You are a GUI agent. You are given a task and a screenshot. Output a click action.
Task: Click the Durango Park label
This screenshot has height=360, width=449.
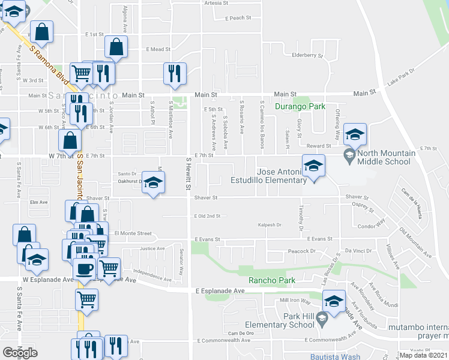click(300, 107)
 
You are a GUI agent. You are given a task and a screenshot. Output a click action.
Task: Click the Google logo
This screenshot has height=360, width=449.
click(20, 353)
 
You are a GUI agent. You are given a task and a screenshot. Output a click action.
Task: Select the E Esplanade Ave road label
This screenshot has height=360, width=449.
click(220, 291)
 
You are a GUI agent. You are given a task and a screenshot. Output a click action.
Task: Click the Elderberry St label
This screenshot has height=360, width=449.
click(307, 56)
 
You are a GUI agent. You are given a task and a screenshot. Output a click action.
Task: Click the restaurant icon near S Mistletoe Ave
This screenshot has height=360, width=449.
click(175, 74)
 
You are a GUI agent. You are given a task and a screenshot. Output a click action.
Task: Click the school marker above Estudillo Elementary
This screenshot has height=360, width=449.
click(313, 166)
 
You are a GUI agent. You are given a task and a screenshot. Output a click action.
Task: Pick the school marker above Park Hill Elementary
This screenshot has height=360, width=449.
click(334, 301)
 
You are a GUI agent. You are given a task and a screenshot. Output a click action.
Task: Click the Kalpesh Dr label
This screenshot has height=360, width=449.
click(270, 225)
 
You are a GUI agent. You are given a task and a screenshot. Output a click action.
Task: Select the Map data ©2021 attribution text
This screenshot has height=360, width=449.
click(423, 355)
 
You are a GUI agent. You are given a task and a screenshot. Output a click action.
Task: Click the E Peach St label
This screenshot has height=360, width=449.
click(237, 19)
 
